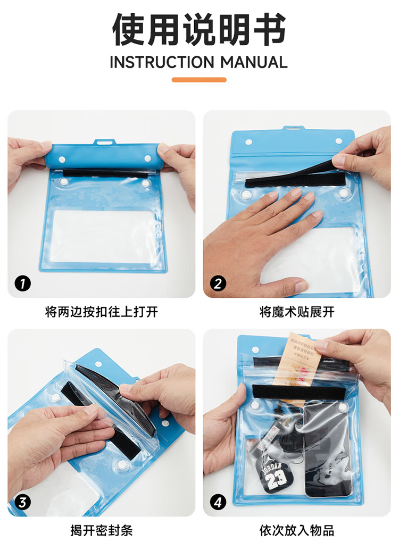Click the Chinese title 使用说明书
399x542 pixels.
point(199,29)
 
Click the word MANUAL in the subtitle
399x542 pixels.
point(254,62)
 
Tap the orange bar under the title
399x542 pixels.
point(199,80)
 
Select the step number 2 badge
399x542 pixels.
point(218,283)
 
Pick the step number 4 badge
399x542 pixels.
point(218,502)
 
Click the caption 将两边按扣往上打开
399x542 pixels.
point(101,312)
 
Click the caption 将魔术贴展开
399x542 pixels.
point(297,312)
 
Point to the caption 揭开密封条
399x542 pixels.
point(101,530)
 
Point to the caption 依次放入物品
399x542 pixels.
point(297,530)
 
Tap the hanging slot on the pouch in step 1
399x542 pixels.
point(105,142)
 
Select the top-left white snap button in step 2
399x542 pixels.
point(248,143)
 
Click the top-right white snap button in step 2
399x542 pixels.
point(338,141)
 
